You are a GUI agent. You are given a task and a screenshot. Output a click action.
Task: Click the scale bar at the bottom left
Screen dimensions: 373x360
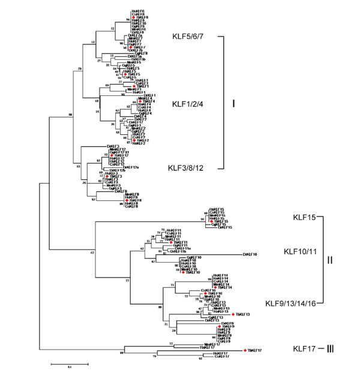pos(68,363)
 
